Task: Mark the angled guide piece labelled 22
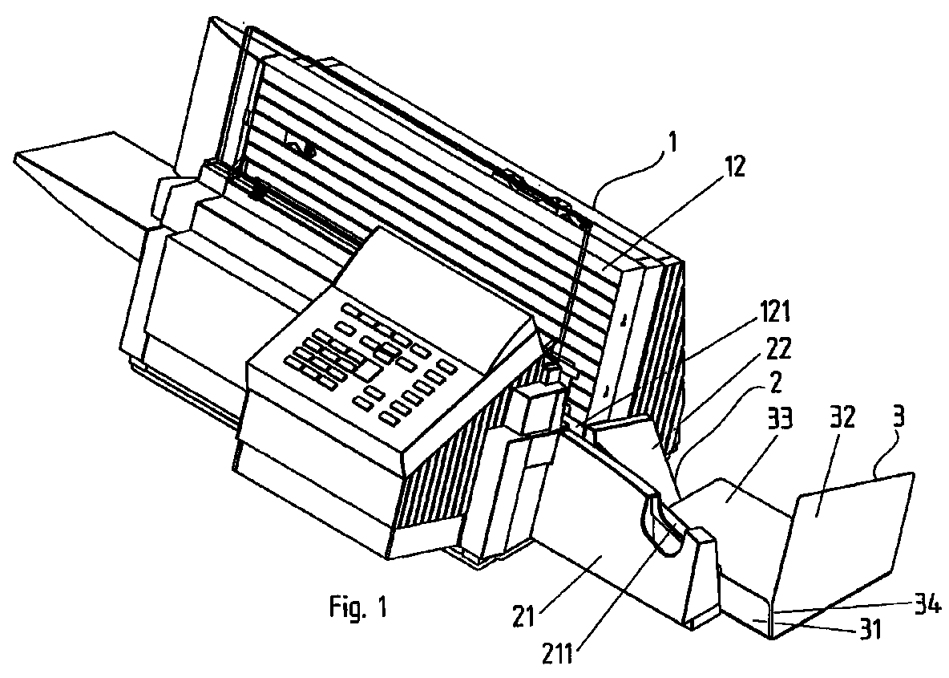641,445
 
